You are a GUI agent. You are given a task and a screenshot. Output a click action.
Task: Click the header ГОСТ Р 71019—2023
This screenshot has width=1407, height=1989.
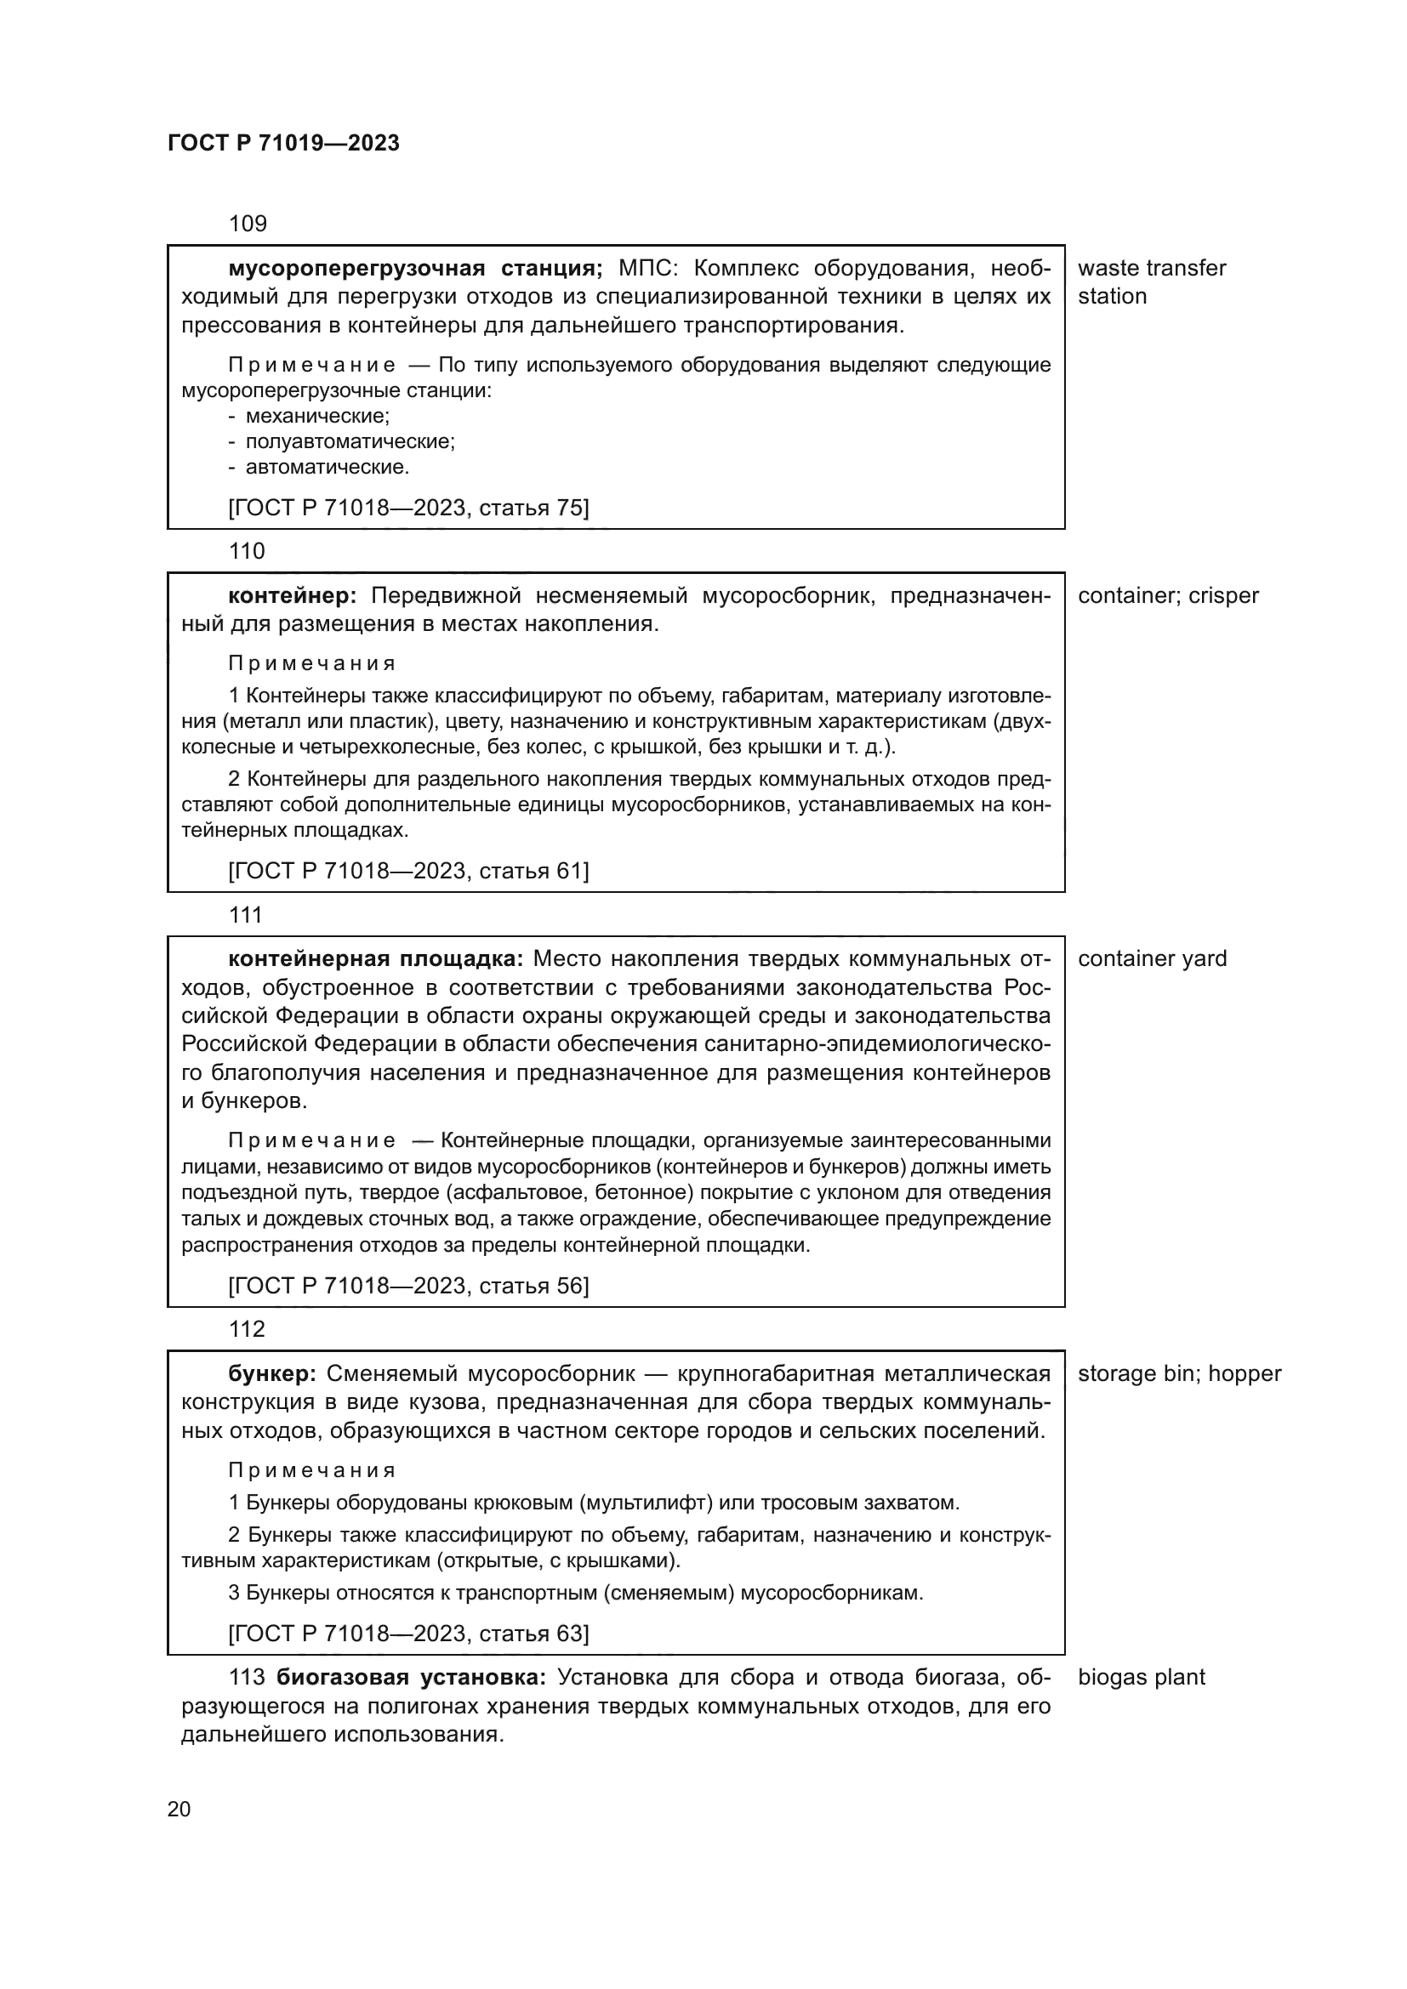[283, 144]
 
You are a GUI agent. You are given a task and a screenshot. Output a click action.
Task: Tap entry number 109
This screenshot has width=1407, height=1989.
[247, 224]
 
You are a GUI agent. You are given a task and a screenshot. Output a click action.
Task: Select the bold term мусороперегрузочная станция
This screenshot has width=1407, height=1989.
[415, 269]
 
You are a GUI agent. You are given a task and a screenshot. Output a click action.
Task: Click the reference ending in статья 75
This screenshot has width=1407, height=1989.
[408, 508]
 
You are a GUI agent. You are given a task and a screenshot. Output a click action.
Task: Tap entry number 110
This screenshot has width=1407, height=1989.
[247, 552]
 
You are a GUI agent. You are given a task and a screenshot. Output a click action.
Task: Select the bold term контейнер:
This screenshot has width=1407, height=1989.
[292, 596]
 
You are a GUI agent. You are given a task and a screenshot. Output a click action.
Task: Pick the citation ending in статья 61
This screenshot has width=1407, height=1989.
[408, 871]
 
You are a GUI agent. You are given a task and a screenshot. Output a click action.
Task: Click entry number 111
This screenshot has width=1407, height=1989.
[245, 915]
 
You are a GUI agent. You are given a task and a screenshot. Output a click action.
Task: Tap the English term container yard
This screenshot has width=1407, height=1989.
[1152, 959]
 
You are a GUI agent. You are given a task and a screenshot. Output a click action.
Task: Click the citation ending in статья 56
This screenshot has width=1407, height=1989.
[408, 1286]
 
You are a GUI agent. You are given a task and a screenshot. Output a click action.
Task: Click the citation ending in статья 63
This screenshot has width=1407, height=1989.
[408, 1634]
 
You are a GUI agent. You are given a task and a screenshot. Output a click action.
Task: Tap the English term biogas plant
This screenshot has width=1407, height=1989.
[1141, 1677]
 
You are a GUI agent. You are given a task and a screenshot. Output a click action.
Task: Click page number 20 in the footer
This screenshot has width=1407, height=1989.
[179, 1810]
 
